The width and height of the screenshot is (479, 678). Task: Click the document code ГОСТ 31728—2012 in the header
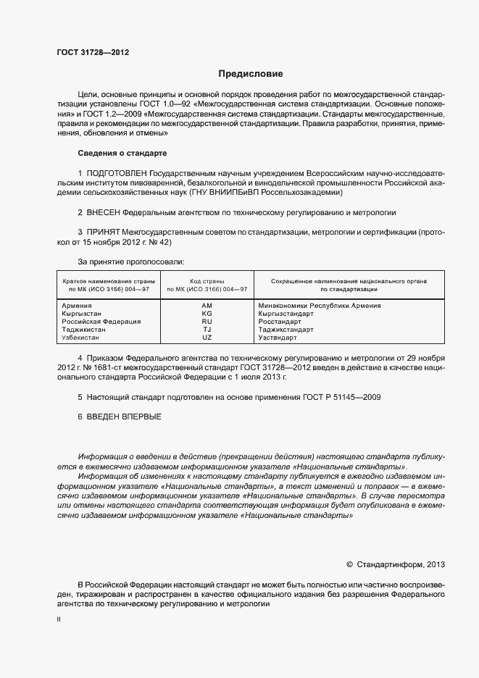(93, 52)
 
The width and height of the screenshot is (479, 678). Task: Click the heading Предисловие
(251, 74)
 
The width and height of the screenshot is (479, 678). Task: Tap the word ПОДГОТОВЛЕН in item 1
(117, 175)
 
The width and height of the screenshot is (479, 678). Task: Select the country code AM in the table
(207, 306)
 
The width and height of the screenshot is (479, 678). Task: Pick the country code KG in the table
(207, 314)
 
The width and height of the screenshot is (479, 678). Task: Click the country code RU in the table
(207, 322)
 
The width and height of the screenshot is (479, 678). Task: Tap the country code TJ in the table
(207, 330)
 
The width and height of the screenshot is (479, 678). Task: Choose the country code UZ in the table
(207, 338)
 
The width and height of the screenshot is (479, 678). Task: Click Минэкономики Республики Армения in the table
(320, 306)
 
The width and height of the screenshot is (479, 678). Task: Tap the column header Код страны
(207, 281)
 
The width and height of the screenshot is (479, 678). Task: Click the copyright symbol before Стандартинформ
(349, 564)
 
